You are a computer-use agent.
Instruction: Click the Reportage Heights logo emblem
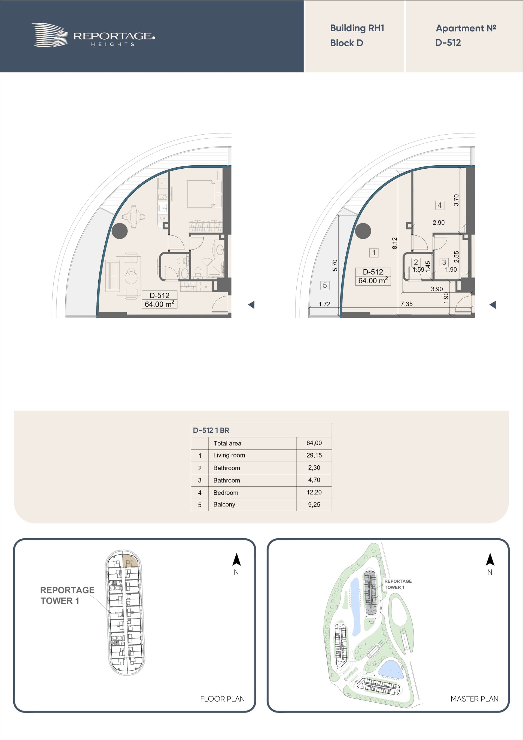(50, 35)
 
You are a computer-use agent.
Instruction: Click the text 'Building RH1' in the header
(357, 28)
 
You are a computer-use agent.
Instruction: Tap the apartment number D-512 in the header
(448, 43)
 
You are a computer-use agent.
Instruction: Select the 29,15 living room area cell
(314, 455)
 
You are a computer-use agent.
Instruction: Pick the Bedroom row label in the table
(226, 493)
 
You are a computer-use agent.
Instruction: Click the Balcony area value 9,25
(314, 505)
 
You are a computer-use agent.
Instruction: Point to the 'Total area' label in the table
(227, 443)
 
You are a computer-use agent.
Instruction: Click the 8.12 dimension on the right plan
(395, 243)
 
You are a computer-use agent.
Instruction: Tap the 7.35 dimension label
(406, 304)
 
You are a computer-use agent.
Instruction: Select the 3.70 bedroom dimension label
(456, 200)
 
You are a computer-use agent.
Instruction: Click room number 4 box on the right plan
(440, 205)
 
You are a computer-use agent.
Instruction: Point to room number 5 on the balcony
(325, 285)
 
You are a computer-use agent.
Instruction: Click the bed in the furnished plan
(201, 194)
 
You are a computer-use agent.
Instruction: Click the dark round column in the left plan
(120, 231)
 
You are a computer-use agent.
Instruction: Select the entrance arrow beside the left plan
(251, 305)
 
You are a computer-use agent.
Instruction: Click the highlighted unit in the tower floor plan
(130, 561)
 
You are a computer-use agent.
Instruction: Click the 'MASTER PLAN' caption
(474, 699)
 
